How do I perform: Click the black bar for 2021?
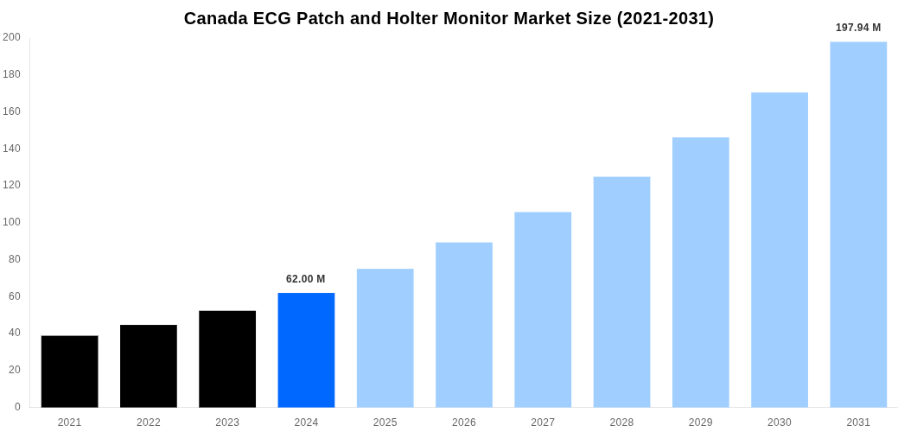pyautogui.click(x=69, y=372)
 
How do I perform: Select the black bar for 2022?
pyautogui.click(x=149, y=365)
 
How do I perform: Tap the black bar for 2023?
pyautogui.click(x=227, y=359)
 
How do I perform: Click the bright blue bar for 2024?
pyautogui.click(x=306, y=350)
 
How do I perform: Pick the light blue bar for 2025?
pyautogui.click(x=385, y=338)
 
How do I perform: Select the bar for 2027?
pyautogui.click(x=543, y=309)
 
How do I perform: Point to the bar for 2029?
pyautogui.click(x=700, y=272)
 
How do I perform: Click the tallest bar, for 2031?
pyautogui.click(x=858, y=225)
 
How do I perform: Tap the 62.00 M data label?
pyautogui.click(x=306, y=279)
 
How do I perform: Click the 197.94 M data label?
pyautogui.click(x=858, y=28)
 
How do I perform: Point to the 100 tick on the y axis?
pyautogui.click(x=12, y=222)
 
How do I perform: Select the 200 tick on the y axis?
pyautogui.click(x=12, y=37)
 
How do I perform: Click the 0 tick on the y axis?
pyautogui.click(x=17, y=407)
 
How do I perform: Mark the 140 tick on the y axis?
pyautogui.click(x=12, y=149)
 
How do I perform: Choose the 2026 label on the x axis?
pyautogui.click(x=464, y=422)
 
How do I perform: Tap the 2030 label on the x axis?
pyautogui.click(x=780, y=422)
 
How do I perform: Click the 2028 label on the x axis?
pyautogui.click(x=621, y=422)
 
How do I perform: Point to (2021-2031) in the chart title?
pyautogui.click(x=665, y=18)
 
